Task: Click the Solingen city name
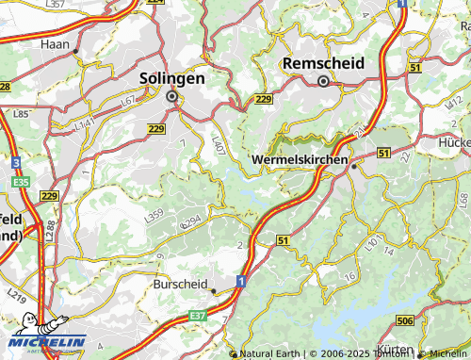(x=171, y=79)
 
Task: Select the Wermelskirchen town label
(x=300, y=160)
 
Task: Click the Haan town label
(x=55, y=43)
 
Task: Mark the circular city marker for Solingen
(x=172, y=95)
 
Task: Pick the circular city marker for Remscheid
(x=323, y=81)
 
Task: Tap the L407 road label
(x=218, y=145)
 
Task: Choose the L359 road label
(x=154, y=216)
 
